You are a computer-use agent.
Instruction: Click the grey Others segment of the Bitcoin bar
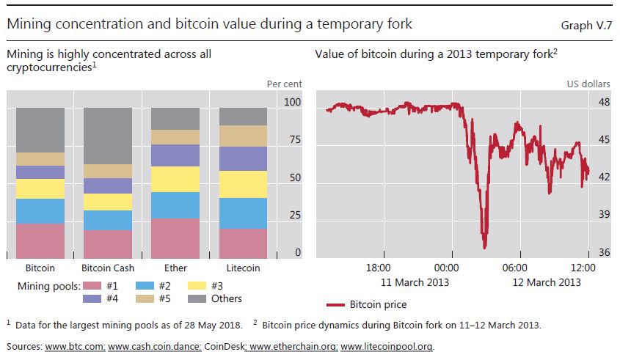pyautogui.click(x=40, y=130)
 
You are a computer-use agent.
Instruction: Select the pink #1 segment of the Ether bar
pyautogui.click(x=175, y=238)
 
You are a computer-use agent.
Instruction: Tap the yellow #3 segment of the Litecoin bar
pyautogui.click(x=243, y=184)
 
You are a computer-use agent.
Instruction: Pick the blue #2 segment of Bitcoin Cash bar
pyautogui.click(x=108, y=220)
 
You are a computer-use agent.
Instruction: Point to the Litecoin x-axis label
pyautogui.click(x=243, y=268)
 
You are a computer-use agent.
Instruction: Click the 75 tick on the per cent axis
pyautogui.click(x=292, y=140)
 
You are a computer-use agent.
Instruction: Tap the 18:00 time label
pyautogui.click(x=379, y=268)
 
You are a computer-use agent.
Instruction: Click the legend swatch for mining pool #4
pyautogui.click(x=92, y=298)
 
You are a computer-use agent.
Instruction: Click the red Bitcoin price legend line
pyautogui.click(x=335, y=304)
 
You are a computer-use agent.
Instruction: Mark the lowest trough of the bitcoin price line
pyautogui.click(x=484, y=248)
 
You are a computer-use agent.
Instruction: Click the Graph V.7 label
pyautogui.click(x=587, y=25)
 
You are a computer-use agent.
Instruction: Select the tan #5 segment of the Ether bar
pyautogui.click(x=175, y=137)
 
